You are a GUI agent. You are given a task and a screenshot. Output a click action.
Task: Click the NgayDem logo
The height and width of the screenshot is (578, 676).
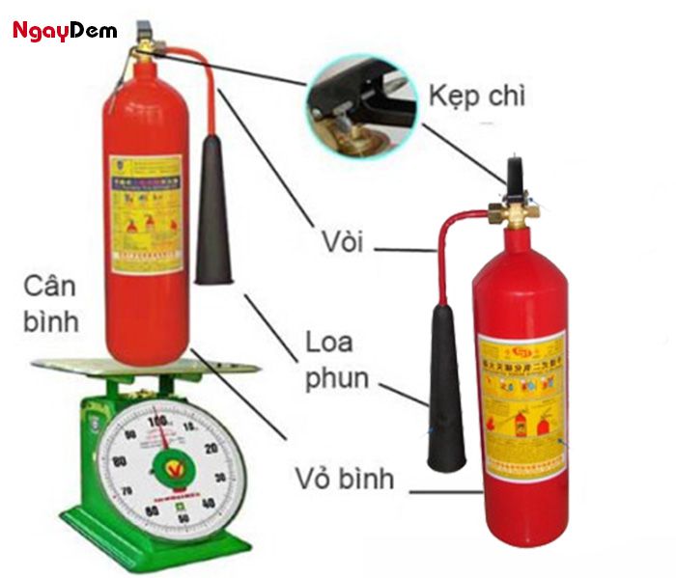[64, 31]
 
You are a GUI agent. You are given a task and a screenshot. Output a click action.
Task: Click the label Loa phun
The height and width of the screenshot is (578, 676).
[337, 360]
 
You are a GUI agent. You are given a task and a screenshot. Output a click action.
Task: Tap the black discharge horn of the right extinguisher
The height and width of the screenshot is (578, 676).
[446, 386]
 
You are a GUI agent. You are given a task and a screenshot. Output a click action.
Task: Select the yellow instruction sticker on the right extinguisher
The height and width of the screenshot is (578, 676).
[521, 405]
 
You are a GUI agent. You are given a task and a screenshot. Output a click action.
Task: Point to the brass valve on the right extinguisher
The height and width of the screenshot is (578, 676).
[513, 210]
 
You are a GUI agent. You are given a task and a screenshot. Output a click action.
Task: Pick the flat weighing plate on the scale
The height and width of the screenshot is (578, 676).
[145, 367]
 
